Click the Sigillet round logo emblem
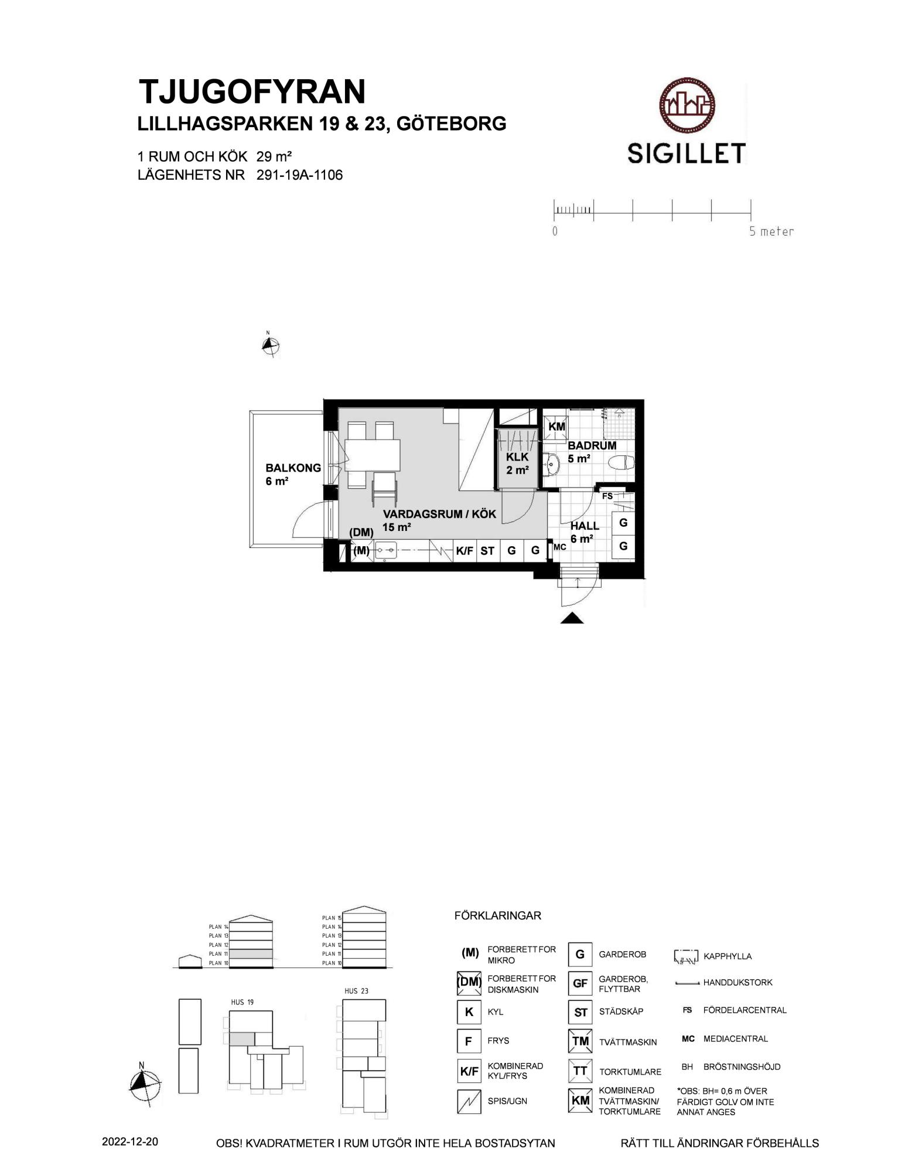coord(687,106)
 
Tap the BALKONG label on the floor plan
coord(293,468)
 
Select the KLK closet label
coord(517,456)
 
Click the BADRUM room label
coord(592,445)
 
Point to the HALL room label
coord(585,526)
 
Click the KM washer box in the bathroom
coord(556,427)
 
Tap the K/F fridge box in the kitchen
coord(465,551)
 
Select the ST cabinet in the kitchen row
coord(487,551)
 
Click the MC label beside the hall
coord(559,547)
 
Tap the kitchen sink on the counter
coord(386,550)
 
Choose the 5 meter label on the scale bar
coord(771,231)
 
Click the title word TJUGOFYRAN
coord(252,91)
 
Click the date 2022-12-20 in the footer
coord(129,1142)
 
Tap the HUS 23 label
coord(356,992)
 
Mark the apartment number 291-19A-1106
coord(299,175)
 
